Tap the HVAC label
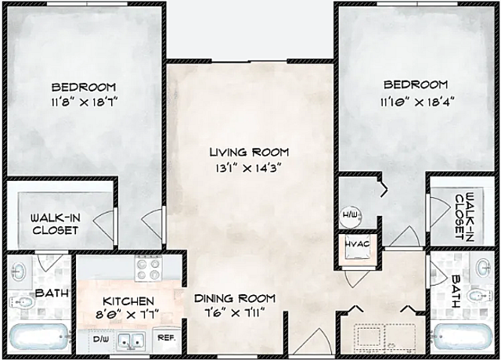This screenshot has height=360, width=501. click(x=357, y=244)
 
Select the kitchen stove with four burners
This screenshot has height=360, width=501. click(x=148, y=268)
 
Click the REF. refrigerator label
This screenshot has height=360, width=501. click(x=167, y=338)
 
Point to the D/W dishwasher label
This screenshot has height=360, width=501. click(x=100, y=339)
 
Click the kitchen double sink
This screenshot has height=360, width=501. click(x=131, y=340)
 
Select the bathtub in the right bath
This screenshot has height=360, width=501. click(x=462, y=337)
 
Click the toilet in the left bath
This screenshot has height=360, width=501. click(x=22, y=301)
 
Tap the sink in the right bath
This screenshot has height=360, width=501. click(x=484, y=267)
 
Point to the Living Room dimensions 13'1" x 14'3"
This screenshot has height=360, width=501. click(x=248, y=168)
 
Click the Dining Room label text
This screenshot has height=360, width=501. click(x=235, y=298)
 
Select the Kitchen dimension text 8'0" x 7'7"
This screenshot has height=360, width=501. click(x=127, y=315)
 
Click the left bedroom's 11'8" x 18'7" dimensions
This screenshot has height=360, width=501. click(x=85, y=103)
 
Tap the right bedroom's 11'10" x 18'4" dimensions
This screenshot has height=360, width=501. click(x=417, y=103)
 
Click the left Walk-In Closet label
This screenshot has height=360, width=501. click(x=56, y=225)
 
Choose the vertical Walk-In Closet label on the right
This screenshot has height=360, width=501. click(x=464, y=217)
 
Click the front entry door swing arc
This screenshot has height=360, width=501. click(x=315, y=338)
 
